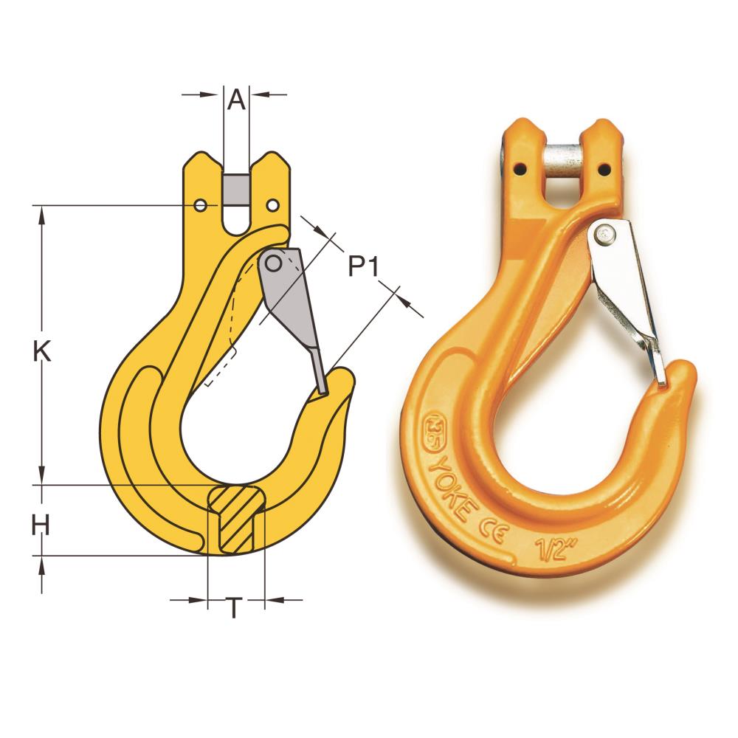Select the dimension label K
(42, 352)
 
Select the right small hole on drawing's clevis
(273, 204)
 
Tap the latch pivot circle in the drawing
(274, 263)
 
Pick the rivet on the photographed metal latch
(607, 235)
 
